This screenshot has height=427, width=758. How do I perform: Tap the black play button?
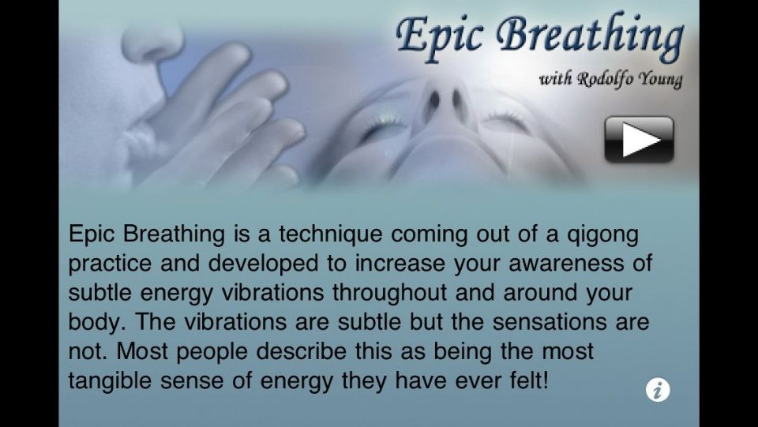tap(639, 140)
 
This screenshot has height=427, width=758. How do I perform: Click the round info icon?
tap(658, 390)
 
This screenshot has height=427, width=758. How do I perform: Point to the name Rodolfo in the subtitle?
tap(605, 79)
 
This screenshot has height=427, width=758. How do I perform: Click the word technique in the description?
tap(331, 234)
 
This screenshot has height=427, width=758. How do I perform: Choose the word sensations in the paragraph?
tap(550, 322)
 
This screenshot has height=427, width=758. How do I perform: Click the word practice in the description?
tap(110, 264)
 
